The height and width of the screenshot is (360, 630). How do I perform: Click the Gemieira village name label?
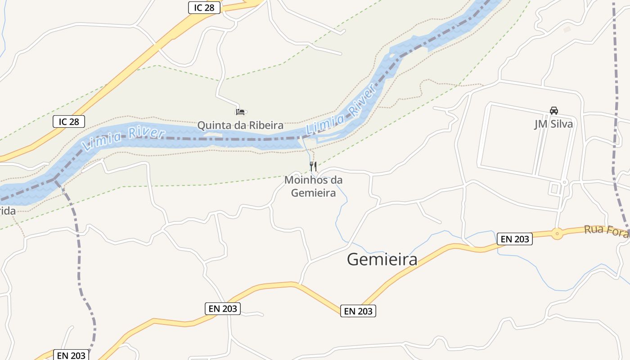point(382,260)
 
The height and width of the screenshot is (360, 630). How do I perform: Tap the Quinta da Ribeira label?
point(240,125)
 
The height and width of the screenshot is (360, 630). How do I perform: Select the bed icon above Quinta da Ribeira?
point(240,111)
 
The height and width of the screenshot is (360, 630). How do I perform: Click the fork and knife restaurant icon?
point(313,166)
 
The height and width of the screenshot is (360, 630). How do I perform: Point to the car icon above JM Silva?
point(553,111)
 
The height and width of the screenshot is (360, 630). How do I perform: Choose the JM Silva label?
point(553,124)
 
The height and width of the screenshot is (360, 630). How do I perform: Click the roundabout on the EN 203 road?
point(557,234)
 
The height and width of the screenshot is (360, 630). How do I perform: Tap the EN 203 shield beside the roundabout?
point(515,239)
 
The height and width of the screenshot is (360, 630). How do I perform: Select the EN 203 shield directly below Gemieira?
point(358,311)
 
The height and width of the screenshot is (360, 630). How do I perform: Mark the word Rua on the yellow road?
point(594,230)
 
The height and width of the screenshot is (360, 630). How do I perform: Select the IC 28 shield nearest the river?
point(69,121)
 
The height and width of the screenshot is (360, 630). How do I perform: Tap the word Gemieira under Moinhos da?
point(313,193)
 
